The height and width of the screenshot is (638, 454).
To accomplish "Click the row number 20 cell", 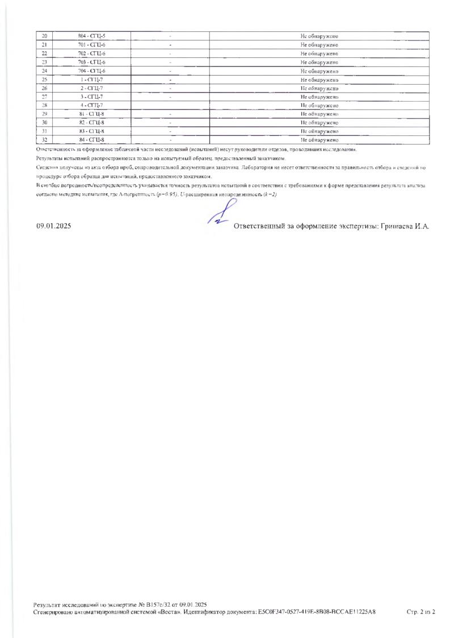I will (x=44, y=36).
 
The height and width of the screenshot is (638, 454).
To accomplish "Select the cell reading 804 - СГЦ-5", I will (x=92, y=36).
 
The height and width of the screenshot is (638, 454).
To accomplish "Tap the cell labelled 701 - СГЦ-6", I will (x=92, y=45).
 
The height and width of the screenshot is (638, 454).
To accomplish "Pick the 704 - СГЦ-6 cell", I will (x=92, y=71).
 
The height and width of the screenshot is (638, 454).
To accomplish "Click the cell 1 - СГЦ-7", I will (x=92, y=80).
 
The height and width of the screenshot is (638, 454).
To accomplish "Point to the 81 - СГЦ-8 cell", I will (x=92, y=114).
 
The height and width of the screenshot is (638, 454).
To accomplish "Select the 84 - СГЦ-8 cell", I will (x=92, y=140).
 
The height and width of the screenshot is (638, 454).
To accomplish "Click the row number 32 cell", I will (x=44, y=140).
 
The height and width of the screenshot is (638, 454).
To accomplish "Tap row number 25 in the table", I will (x=44, y=80).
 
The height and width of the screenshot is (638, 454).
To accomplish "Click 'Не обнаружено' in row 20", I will (x=320, y=36).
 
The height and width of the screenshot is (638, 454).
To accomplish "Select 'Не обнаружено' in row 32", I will (x=320, y=140).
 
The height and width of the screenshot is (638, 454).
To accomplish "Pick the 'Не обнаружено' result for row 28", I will (x=320, y=105).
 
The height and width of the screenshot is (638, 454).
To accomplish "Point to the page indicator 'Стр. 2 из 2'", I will (x=421, y=612).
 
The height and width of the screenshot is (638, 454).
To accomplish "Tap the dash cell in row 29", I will (x=170, y=114).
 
